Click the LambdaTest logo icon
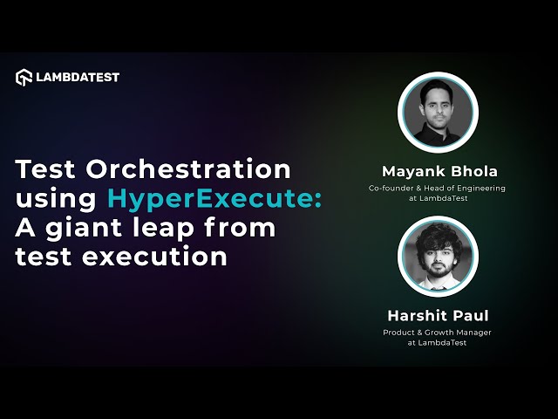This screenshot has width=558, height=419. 24,77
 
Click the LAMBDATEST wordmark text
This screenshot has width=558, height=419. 78,77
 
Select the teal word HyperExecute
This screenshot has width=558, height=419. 214,199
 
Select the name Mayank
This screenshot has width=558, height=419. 409,170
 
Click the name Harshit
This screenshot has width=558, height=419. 418,315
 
